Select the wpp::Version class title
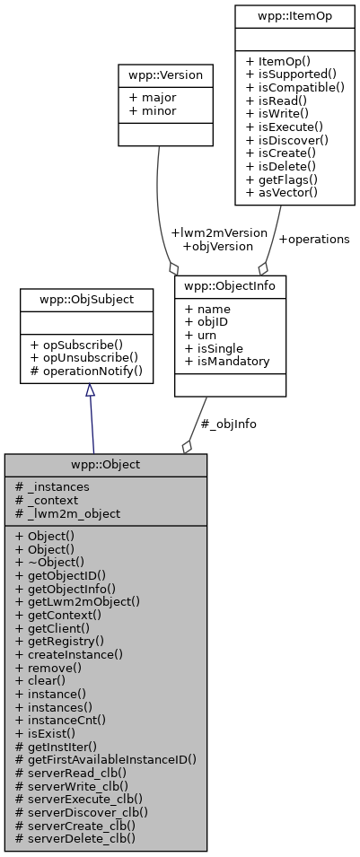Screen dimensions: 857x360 165,75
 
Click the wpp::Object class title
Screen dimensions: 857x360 105,465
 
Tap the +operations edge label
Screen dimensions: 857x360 313,239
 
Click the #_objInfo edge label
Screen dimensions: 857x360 228,424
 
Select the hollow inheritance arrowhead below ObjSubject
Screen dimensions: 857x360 89,392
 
